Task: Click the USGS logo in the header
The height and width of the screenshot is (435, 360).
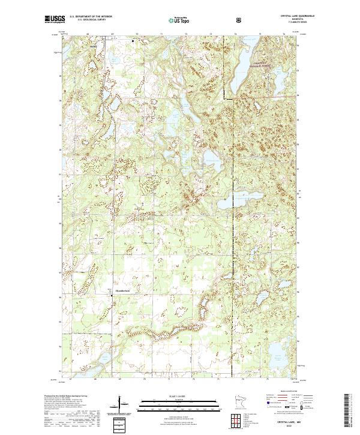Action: pyautogui.click(x=55, y=20)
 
